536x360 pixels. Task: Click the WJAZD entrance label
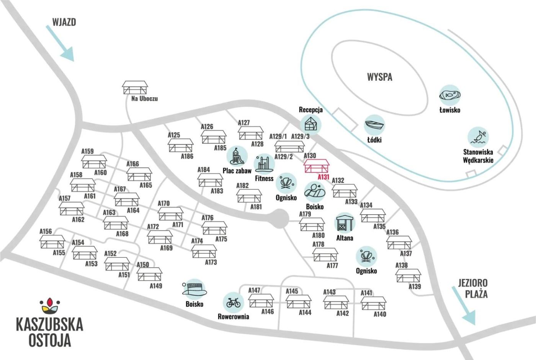(64, 22)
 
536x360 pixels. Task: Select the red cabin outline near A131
(317, 166)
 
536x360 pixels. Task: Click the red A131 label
(324, 177)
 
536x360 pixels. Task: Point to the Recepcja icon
(310, 124)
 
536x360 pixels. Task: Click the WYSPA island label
(379, 77)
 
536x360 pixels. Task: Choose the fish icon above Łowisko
(449, 95)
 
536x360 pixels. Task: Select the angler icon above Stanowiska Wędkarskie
(478, 137)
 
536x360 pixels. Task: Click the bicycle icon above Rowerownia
(233, 303)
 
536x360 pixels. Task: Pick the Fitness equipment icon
(264, 164)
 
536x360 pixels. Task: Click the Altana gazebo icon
(345, 223)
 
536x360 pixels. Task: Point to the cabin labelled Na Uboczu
(135, 88)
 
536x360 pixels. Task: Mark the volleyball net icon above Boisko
(194, 288)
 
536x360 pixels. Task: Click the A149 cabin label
(156, 286)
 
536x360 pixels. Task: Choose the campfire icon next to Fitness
(286, 183)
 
